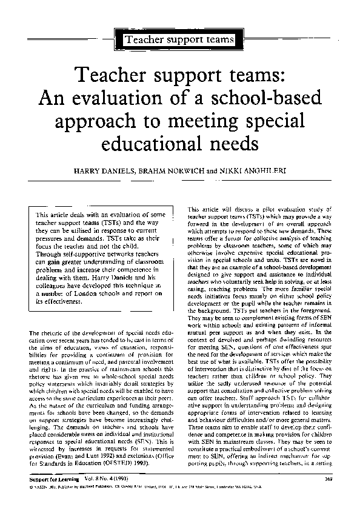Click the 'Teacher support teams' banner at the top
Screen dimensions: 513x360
point(179,40)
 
